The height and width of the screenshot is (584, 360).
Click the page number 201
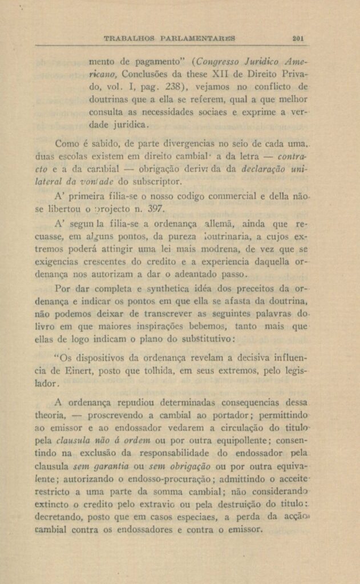(297, 39)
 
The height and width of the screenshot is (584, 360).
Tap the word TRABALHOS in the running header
(130, 39)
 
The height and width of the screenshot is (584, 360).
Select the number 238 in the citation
(173, 87)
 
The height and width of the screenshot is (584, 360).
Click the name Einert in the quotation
(84, 371)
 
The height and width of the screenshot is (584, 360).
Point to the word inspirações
(174, 327)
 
